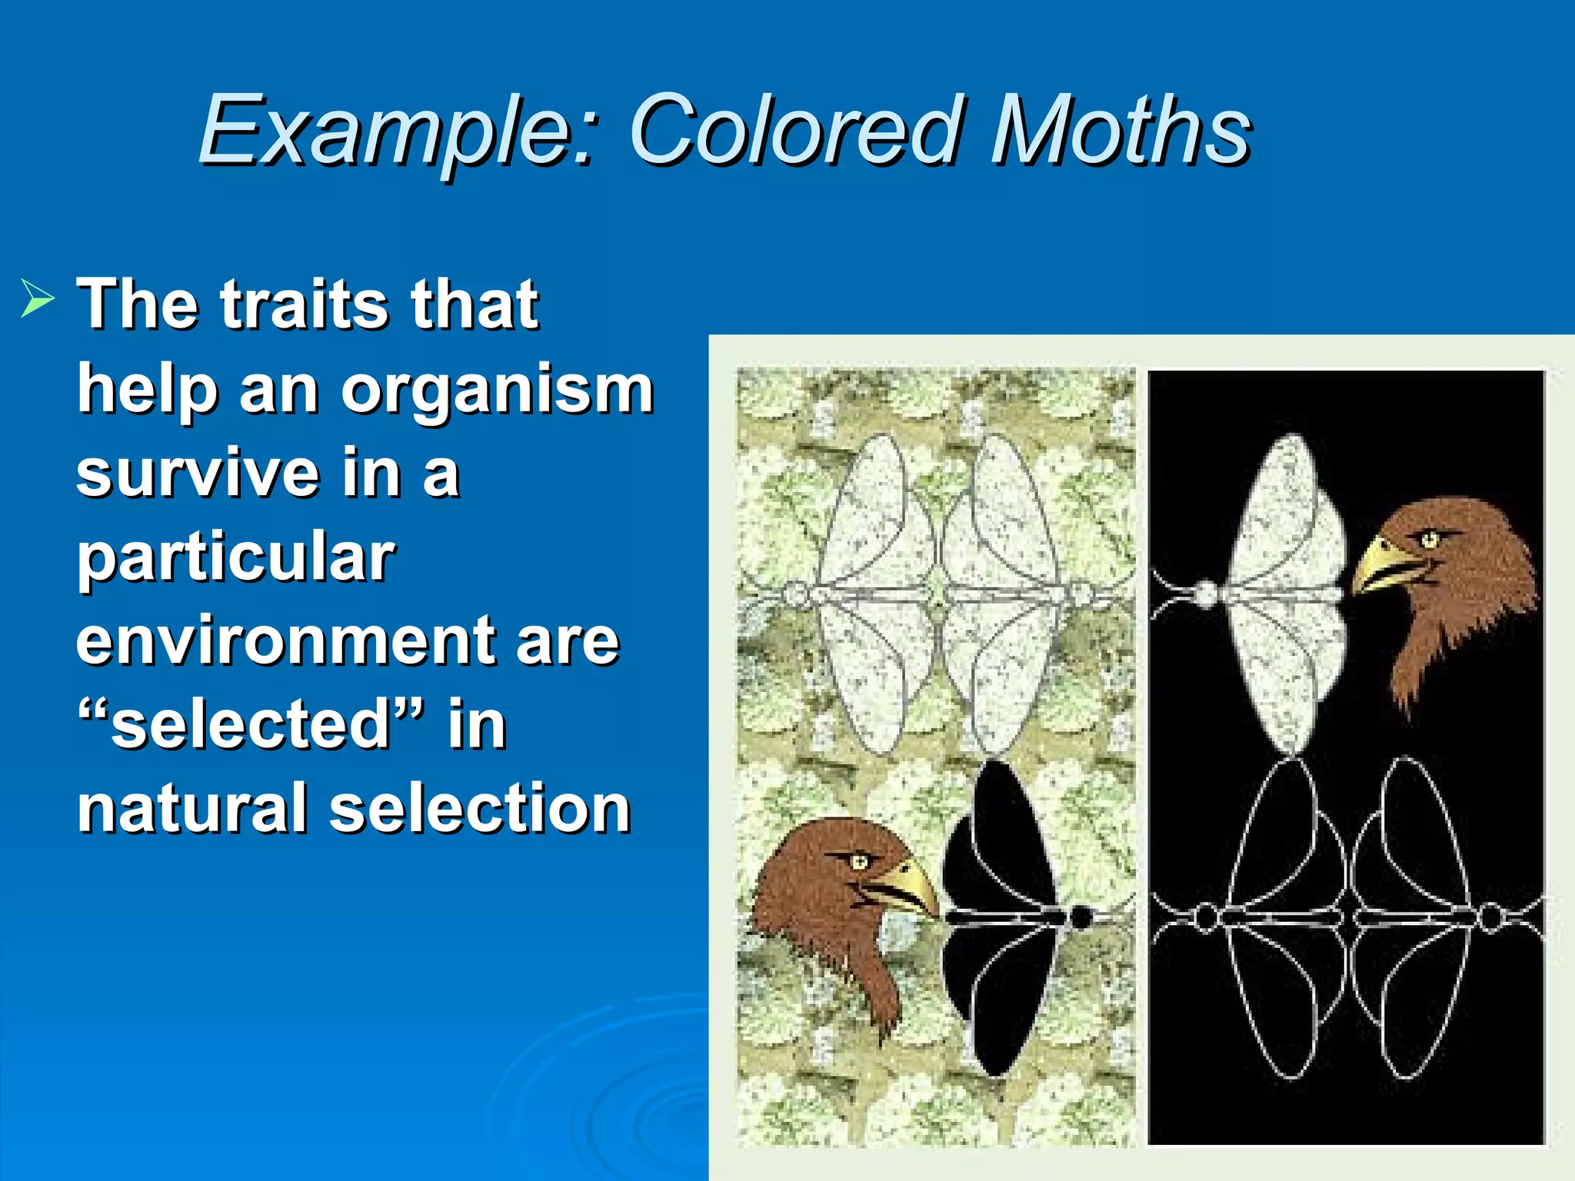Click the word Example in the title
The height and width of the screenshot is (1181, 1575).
[395, 131]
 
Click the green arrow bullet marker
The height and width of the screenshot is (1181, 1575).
[37, 298]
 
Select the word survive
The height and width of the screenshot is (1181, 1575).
[198, 474]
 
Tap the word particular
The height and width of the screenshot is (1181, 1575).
[235, 558]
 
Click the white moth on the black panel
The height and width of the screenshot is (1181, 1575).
[1284, 592]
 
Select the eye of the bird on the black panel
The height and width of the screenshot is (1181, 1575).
[1429, 538]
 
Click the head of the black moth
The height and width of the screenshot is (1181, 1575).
[1081, 917]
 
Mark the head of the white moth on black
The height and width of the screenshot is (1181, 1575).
[1207, 594]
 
